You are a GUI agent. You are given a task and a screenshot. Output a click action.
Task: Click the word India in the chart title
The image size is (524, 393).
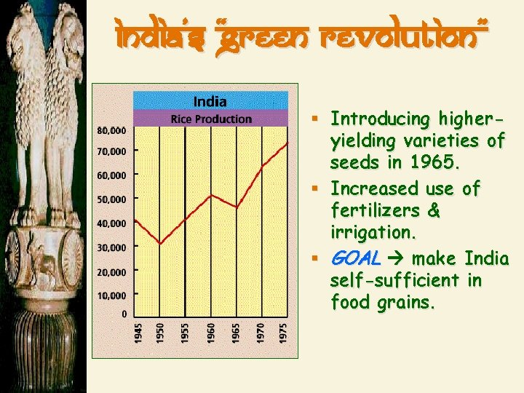(x=210, y=101)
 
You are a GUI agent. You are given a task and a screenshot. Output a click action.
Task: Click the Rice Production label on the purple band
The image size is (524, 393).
(x=211, y=119)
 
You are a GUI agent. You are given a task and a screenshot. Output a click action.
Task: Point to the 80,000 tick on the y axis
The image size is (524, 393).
(x=111, y=130)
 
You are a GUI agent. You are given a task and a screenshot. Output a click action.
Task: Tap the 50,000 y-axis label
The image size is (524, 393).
(x=111, y=199)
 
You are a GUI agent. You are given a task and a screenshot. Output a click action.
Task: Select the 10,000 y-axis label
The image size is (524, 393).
(x=111, y=295)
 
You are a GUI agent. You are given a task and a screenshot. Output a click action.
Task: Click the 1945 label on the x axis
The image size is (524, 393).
(x=138, y=334)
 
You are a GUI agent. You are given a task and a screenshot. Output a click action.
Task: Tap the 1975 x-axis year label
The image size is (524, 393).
(x=283, y=334)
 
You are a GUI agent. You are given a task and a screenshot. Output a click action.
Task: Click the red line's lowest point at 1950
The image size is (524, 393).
(x=161, y=243)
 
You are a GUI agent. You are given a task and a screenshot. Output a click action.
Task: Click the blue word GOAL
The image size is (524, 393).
(x=355, y=258)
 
